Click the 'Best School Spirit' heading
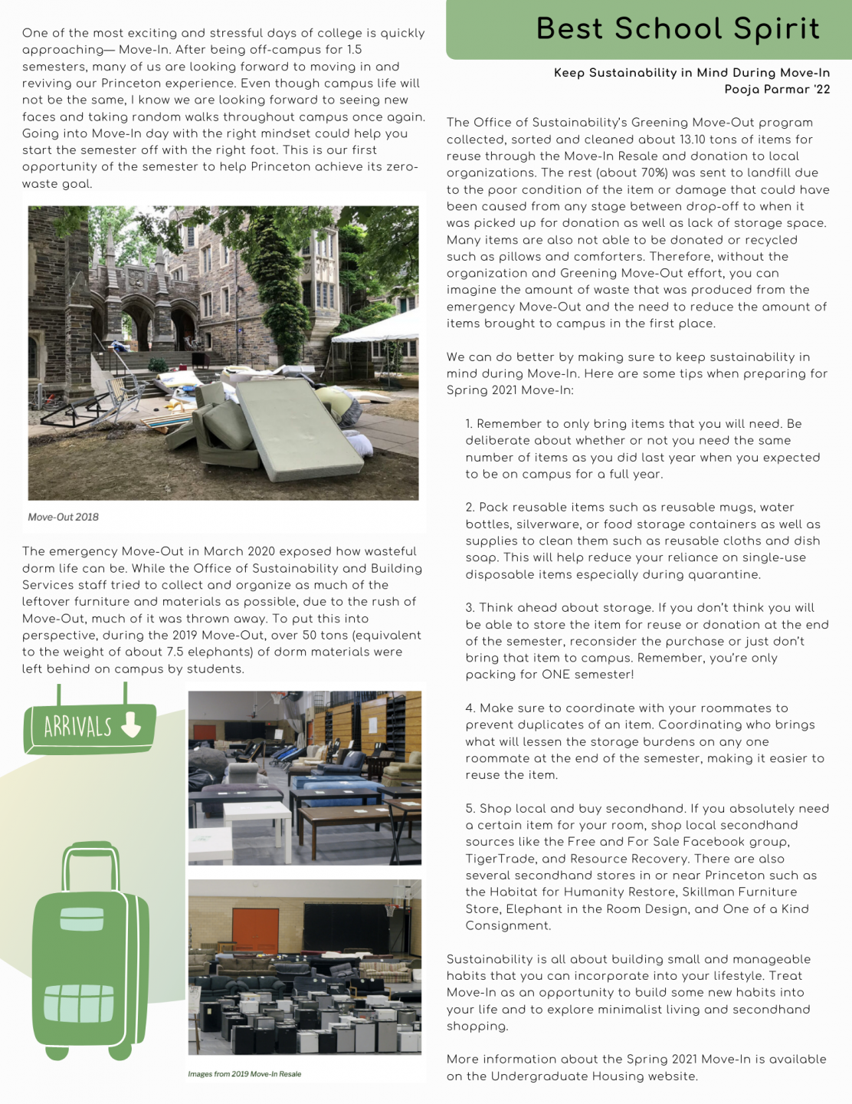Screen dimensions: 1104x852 pos(677,29)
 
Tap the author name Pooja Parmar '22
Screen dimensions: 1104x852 pos(777,90)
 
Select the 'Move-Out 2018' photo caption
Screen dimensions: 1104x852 pos(64,517)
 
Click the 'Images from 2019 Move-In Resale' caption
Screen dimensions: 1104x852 pos(244,1074)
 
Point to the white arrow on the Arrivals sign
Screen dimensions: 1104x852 pos(132,724)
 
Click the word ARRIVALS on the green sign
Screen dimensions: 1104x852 pos(77,726)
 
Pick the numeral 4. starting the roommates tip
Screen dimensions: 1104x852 pos(470,708)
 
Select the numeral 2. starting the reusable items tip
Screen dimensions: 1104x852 pos(470,508)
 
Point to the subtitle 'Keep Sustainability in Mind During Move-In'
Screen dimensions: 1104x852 pos(692,73)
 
